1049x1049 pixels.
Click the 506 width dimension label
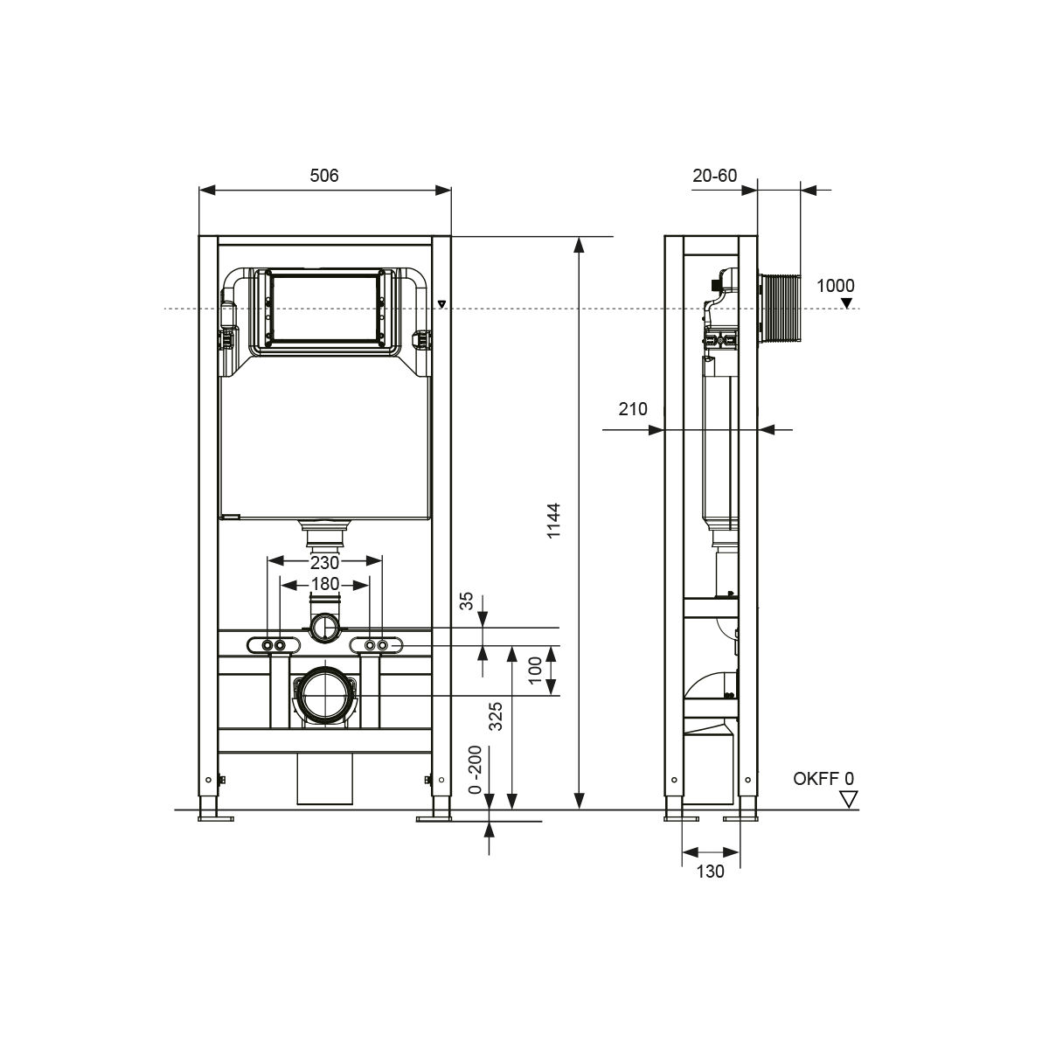[x=324, y=176]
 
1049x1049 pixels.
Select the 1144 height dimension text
[x=553, y=520]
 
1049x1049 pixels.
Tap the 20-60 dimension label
[x=714, y=176]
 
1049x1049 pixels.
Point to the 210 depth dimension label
[x=633, y=409]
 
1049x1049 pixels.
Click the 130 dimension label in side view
[x=710, y=872]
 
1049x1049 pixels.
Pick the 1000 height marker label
[x=835, y=285]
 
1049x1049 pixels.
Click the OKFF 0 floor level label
[x=823, y=779]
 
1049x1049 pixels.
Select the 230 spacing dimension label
[x=324, y=562]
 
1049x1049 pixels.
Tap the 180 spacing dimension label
[x=325, y=584]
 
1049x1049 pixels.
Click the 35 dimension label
[x=467, y=601]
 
